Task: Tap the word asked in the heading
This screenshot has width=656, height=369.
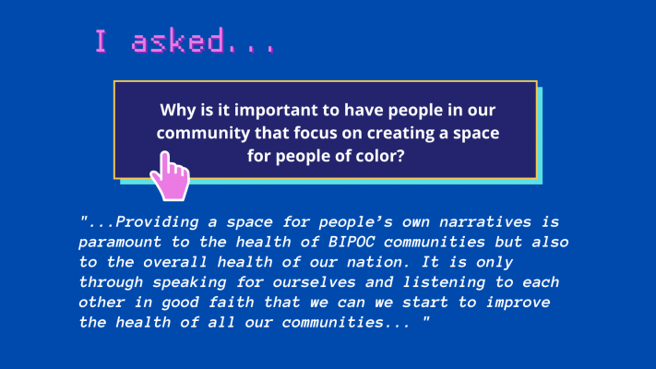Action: pyautogui.click(x=177, y=41)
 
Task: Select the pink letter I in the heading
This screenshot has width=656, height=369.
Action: pyautogui.click(x=101, y=41)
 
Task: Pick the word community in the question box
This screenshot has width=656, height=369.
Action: pyautogui.click(x=203, y=133)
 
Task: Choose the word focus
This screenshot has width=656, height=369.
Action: pyautogui.click(x=316, y=133)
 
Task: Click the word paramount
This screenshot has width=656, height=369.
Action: pyautogui.click(x=120, y=243)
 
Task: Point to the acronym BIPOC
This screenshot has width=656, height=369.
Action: pyautogui.click(x=351, y=242)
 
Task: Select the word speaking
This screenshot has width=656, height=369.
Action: pyautogui.click(x=189, y=282)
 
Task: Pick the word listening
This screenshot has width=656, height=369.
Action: pyautogui.click(x=445, y=282)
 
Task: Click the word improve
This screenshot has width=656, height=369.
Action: pyautogui.click(x=518, y=303)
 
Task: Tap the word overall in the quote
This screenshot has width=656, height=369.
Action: pyautogui.click(x=175, y=262)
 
